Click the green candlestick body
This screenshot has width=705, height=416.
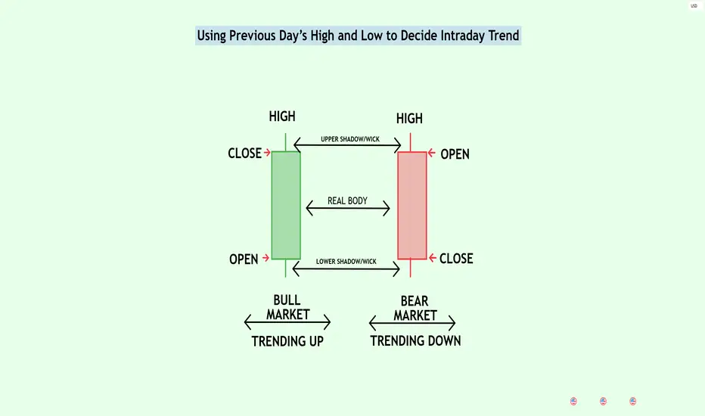[x=286, y=205]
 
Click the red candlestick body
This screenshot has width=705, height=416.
[x=412, y=205]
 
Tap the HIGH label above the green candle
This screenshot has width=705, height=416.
[x=282, y=116]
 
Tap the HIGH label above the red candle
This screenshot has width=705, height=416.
[x=409, y=119]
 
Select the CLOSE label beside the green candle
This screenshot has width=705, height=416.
[x=244, y=154]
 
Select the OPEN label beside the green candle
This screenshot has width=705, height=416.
[x=244, y=259]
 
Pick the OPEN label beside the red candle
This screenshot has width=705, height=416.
[x=455, y=154]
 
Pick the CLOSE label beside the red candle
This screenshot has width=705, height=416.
[x=456, y=259]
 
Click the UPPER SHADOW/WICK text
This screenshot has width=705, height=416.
[x=350, y=139]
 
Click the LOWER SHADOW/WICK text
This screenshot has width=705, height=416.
[x=346, y=261]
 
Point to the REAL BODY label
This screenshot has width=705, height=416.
[x=347, y=201]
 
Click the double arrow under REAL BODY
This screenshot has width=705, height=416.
[x=348, y=208]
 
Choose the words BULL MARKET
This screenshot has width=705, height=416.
[x=287, y=307]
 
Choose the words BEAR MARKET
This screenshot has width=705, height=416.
[x=415, y=309]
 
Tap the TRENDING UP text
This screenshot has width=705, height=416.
[x=287, y=341]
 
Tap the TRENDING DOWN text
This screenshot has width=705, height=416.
[x=415, y=341]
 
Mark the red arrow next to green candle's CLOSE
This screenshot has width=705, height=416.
[x=267, y=153]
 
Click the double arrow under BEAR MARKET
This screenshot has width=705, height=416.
[x=412, y=323]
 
